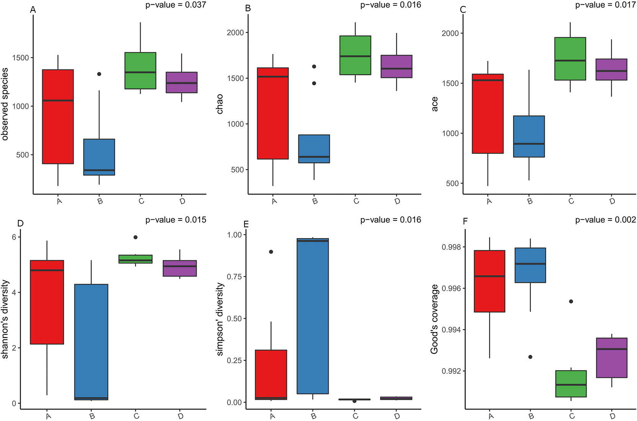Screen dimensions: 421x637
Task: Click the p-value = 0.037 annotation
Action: [176, 5]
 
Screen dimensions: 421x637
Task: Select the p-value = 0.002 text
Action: [606, 220]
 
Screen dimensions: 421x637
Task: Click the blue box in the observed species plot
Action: [99, 157]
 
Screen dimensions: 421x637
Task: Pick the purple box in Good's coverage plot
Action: [612, 358]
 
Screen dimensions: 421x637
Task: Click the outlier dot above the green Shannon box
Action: [135, 237]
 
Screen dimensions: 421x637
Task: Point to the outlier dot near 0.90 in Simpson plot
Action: [271, 252]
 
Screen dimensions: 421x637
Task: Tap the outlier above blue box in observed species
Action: [99, 74]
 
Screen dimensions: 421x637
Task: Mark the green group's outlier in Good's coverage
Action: [571, 302]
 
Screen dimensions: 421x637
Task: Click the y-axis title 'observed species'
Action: [5, 104]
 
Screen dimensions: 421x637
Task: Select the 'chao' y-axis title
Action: [220, 104]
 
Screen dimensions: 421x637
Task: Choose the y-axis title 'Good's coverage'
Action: [435, 319]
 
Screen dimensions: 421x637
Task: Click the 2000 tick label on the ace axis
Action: [450, 33]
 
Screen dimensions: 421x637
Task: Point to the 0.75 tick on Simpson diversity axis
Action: [234, 277]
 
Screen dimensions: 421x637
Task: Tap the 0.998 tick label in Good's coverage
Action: [451, 247]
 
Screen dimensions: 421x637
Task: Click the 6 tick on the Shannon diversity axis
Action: [14, 237]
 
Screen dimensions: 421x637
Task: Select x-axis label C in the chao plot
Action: [356, 201]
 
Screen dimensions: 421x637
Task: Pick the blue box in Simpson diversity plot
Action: [313, 316]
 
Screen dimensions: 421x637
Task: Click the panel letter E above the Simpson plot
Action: [246, 224]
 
